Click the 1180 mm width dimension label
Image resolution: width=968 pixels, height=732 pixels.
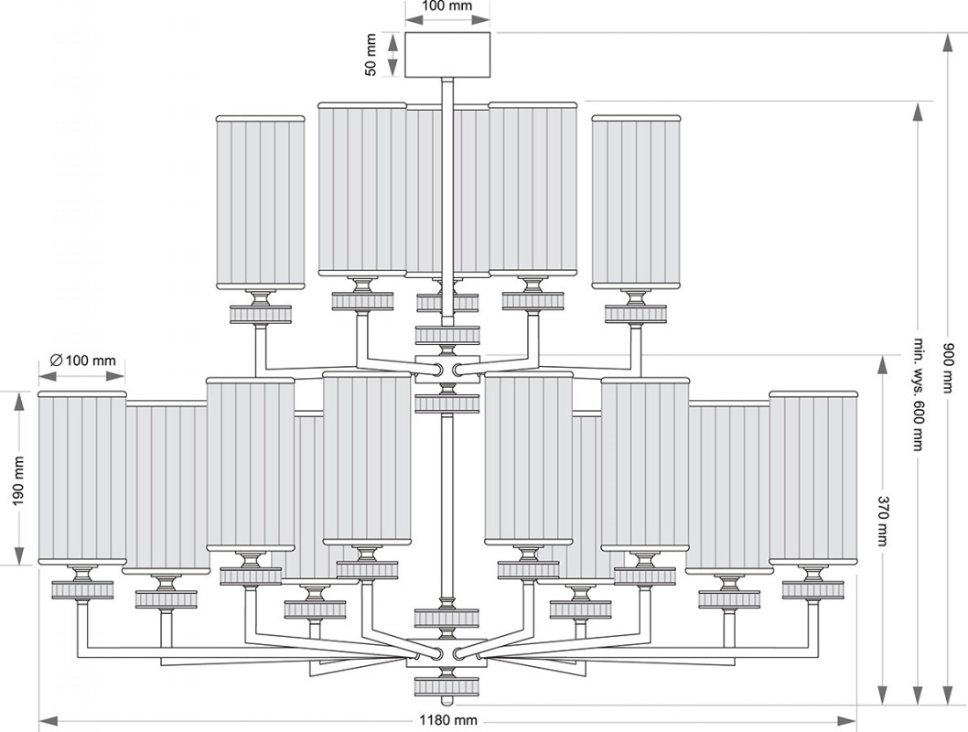(448, 720)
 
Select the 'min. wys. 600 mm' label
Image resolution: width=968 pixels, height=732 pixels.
(919, 393)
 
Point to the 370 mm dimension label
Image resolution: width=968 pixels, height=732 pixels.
(884, 512)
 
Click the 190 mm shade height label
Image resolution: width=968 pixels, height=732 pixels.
(18, 479)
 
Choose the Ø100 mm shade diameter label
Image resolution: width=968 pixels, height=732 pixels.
(82, 361)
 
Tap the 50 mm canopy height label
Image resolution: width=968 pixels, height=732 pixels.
(371, 55)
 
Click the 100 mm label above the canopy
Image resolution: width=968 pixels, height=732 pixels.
(447, 6)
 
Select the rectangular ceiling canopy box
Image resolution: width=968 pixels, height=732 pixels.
(447, 55)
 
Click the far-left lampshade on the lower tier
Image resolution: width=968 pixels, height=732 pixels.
(82, 478)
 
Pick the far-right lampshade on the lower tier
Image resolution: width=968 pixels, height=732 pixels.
(813, 478)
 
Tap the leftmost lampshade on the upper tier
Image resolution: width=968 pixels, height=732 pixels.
(261, 201)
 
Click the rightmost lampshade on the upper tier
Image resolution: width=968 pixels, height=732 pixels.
(636, 201)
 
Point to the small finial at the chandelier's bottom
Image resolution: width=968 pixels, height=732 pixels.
(447, 702)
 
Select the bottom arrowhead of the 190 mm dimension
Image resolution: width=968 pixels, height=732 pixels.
(18, 554)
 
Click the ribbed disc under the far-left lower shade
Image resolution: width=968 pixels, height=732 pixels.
(82, 590)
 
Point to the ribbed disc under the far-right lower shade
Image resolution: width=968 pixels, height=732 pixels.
(813, 589)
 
